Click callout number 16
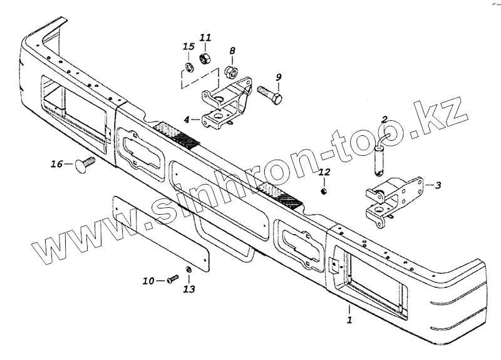[x=57, y=164]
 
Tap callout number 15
[x=189, y=46]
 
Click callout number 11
[x=205, y=38]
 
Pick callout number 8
[x=232, y=51]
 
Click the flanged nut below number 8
[x=229, y=66]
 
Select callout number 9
[x=279, y=77]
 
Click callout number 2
[x=385, y=118]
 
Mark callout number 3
[x=438, y=185]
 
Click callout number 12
[x=324, y=172]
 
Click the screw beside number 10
[x=172, y=280]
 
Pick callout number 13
[x=189, y=289]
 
